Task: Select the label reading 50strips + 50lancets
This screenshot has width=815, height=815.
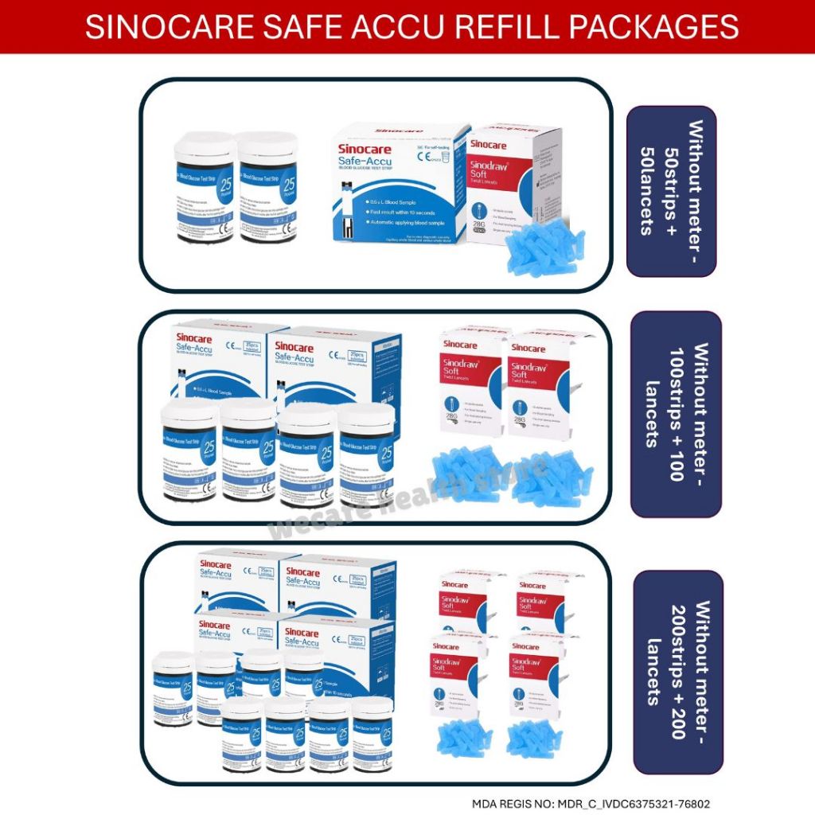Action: click(x=670, y=191)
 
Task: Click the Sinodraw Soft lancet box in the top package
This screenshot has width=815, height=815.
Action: click(x=513, y=179)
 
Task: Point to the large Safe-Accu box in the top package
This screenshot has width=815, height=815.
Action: click(x=398, y=183)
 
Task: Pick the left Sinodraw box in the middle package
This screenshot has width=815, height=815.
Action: click(x=472, y=386)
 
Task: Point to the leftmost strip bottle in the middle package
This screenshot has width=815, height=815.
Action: click(x=189, y=450)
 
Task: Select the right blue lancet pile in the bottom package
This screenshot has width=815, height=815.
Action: click(x=534, y=736)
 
